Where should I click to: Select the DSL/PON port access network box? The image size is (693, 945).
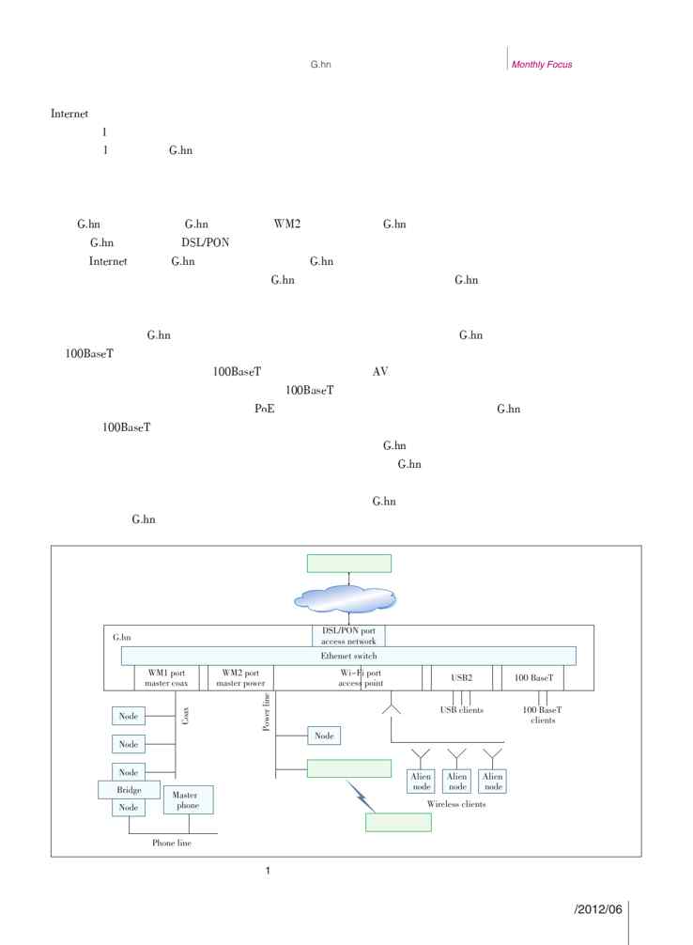pyautogui.click(x=348, y=636)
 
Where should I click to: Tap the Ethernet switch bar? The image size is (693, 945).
pyautogui.click(x=348, y=656)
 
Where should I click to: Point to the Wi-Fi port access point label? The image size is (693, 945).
pyautogui.click(x=347, y=678)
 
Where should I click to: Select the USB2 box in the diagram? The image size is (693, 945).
pyautogui.click(x=459, y=678)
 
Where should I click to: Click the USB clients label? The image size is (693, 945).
pyautogui.click(x=461, y=710)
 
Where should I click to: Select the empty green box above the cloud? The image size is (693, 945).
pyautogui.click(x=348, y=563)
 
